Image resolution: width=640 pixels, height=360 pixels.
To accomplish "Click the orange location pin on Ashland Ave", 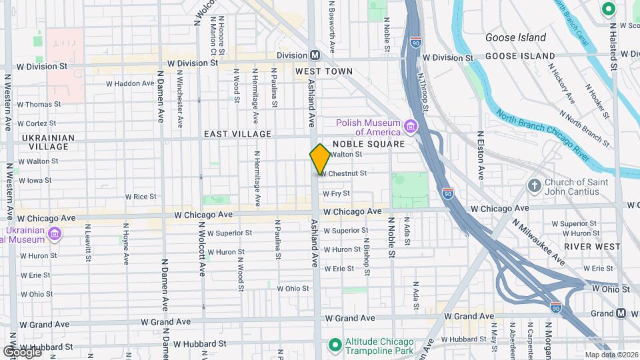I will [320, 159].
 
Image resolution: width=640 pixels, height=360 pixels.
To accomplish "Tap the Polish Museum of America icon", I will [411, 127].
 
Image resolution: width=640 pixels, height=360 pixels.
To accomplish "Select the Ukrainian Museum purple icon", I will [55, 234].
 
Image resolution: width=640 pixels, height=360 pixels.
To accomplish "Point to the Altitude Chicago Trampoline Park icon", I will [336, 344].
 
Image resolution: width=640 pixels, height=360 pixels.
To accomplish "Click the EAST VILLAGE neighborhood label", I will [238, 134].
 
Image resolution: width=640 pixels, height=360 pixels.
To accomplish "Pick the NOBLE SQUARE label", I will [369, 144].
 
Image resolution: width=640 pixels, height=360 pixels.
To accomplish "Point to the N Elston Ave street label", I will [481, 155].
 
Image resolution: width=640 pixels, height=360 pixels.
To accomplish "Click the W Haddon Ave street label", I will [131, 84].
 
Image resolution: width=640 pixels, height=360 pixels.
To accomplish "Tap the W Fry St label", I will [336, 193].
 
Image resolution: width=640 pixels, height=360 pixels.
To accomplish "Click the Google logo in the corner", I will [21, 351].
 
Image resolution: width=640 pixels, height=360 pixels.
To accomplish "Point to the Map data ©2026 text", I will [611, 355].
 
